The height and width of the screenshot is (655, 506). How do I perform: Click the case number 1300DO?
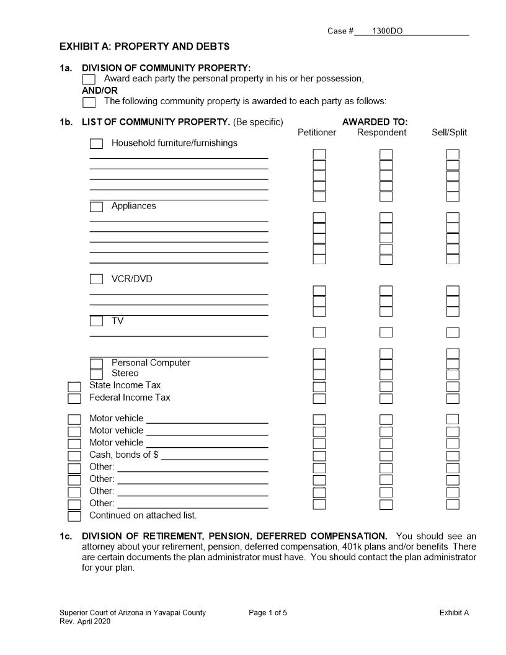pos(387,31)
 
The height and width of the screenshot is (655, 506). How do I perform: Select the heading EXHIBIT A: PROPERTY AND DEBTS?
pos(144,47)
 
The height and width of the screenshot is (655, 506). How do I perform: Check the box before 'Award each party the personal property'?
pos(89,79)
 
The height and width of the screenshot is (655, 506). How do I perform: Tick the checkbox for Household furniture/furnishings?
pos(96,144)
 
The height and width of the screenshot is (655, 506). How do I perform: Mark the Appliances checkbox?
pos(96,207)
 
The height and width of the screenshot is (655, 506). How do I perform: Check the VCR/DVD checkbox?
pos(96,280)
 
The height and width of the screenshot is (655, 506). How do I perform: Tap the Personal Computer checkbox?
pos(96,363)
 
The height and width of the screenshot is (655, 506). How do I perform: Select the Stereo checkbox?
pos(96,374)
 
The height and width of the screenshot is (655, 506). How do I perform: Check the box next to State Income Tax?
pos(74,386)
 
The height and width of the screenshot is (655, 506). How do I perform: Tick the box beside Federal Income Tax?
pos(74,398)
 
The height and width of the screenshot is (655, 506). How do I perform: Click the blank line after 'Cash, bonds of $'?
pos(214,455)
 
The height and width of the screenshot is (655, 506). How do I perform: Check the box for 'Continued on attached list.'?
pos(74,516)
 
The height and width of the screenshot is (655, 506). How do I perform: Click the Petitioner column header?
pos(317,133)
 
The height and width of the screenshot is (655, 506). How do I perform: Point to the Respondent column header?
pos(381,133)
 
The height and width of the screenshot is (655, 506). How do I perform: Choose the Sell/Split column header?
pos(450,133)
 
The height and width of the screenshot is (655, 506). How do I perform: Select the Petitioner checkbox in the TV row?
pos(319,332)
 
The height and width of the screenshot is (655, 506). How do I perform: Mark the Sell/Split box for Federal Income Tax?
pos(453,398)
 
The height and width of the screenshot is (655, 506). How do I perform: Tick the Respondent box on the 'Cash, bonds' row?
pos(386,456)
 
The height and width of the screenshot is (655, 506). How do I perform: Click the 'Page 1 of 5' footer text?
pos(268,613)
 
